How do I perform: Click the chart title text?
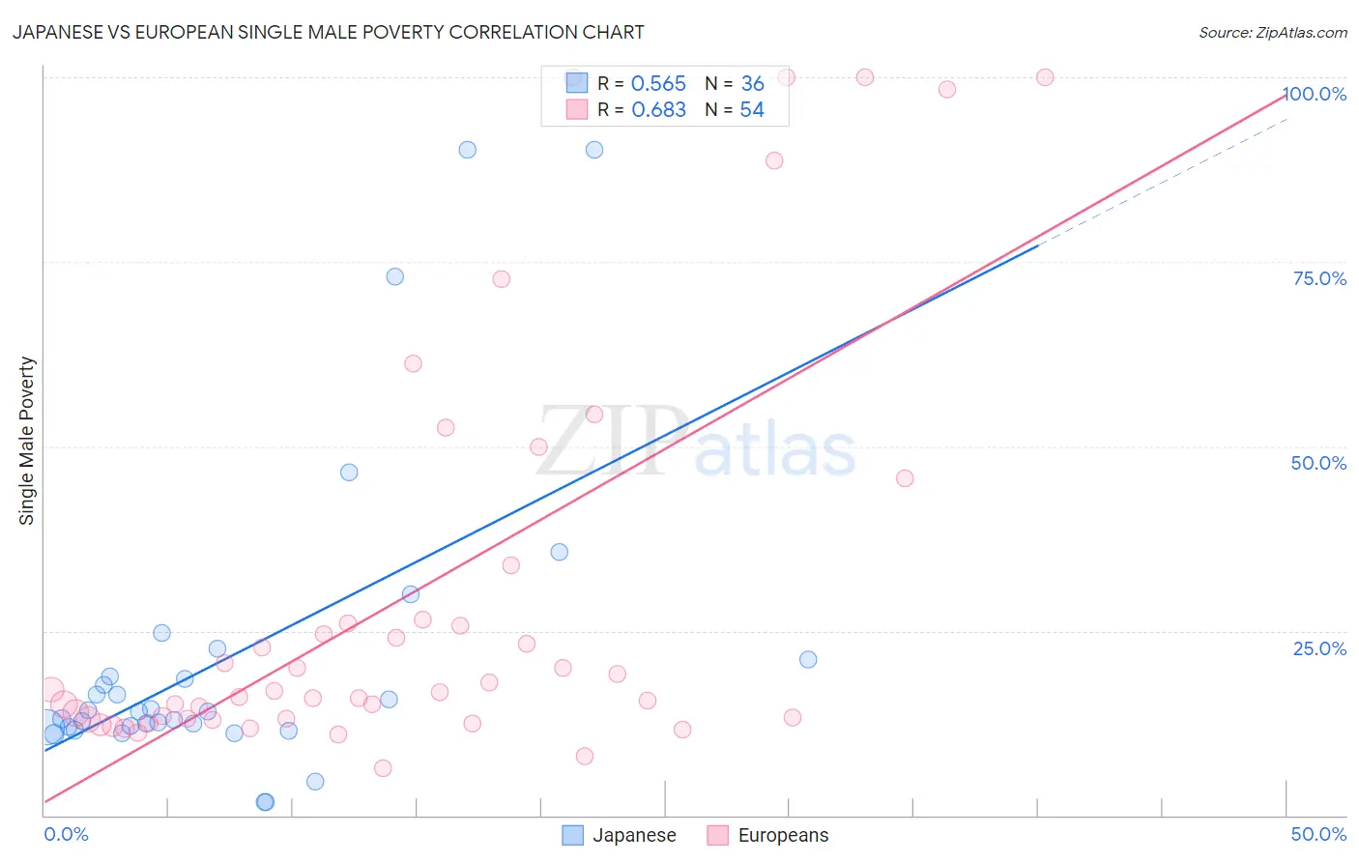[x=328, y=32]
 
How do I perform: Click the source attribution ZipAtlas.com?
[x=1272, y=32]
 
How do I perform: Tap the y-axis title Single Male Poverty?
[x=27, y=441]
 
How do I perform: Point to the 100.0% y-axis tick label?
[x=1315, y=94]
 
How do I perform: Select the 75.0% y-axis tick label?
[x=1319, y=278]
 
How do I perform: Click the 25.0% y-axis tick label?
[x=1319, y=648]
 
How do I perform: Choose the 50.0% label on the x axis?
[x=1318, y=834]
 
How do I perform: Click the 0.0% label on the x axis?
[x=66, y=834]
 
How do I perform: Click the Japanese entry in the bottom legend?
[x=620, y=835]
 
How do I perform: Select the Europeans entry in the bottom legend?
[x=767, y=835]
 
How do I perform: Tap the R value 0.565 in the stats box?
[x=658, y=84]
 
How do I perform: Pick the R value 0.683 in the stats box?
[x=658, y=110]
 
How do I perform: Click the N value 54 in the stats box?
[x=752, y=110]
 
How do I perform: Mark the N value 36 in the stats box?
[x=752, y=84]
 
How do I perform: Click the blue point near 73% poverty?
[x=394, y=276]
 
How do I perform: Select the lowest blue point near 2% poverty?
[x=265, y=802]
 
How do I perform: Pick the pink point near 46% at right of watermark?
[x=905, y=478]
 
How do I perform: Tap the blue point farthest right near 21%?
[x=808, y=659]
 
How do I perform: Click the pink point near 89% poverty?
[x=774, y=160]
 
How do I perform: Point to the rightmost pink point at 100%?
[x=1045, y=77]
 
